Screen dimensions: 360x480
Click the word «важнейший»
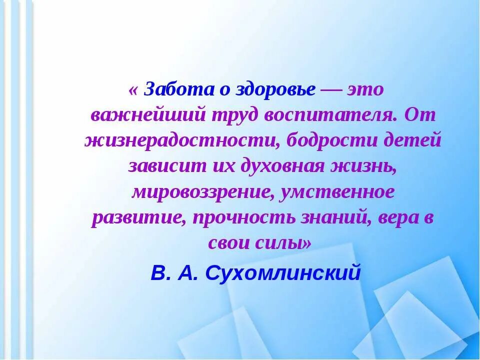pos(148,115)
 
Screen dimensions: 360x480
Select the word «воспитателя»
pos(330,115)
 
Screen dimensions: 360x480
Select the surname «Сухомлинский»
pos(283,273)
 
